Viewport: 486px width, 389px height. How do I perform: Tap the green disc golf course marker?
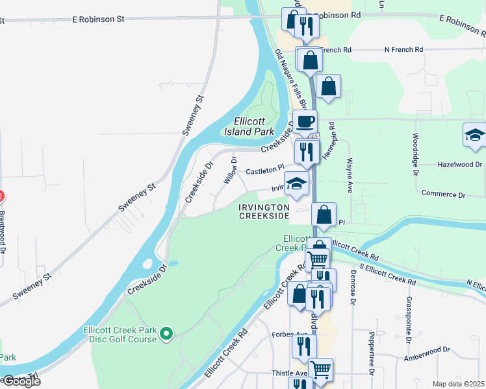pyautogui.click(x=167, y=334)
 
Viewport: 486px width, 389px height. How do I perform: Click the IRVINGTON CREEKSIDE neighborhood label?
pyautogui.click(x=263, y=211)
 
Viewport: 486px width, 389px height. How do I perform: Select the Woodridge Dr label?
pyautogui.click(x=415, y=154)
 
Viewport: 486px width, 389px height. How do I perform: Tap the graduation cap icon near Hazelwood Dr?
pyautogui.click(x=475, y=135)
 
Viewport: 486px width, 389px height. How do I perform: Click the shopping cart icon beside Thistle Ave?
pyautogui.click(x=321, y=370)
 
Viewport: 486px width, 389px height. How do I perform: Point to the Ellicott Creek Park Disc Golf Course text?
pyautogui.click(x=120, y=334)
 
